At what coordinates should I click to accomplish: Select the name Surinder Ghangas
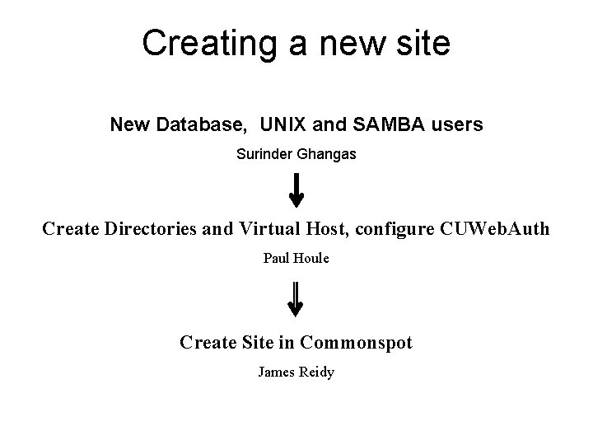click(x=296, y=153)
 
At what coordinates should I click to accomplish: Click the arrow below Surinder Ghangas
click(x=296, y=190)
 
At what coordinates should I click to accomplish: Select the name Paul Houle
click(x=296, y=259)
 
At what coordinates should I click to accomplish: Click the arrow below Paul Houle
click(x=296, y=299)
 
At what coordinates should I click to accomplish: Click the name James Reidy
click(x=296, y=372)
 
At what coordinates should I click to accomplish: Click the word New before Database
click(x=129, y=125)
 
